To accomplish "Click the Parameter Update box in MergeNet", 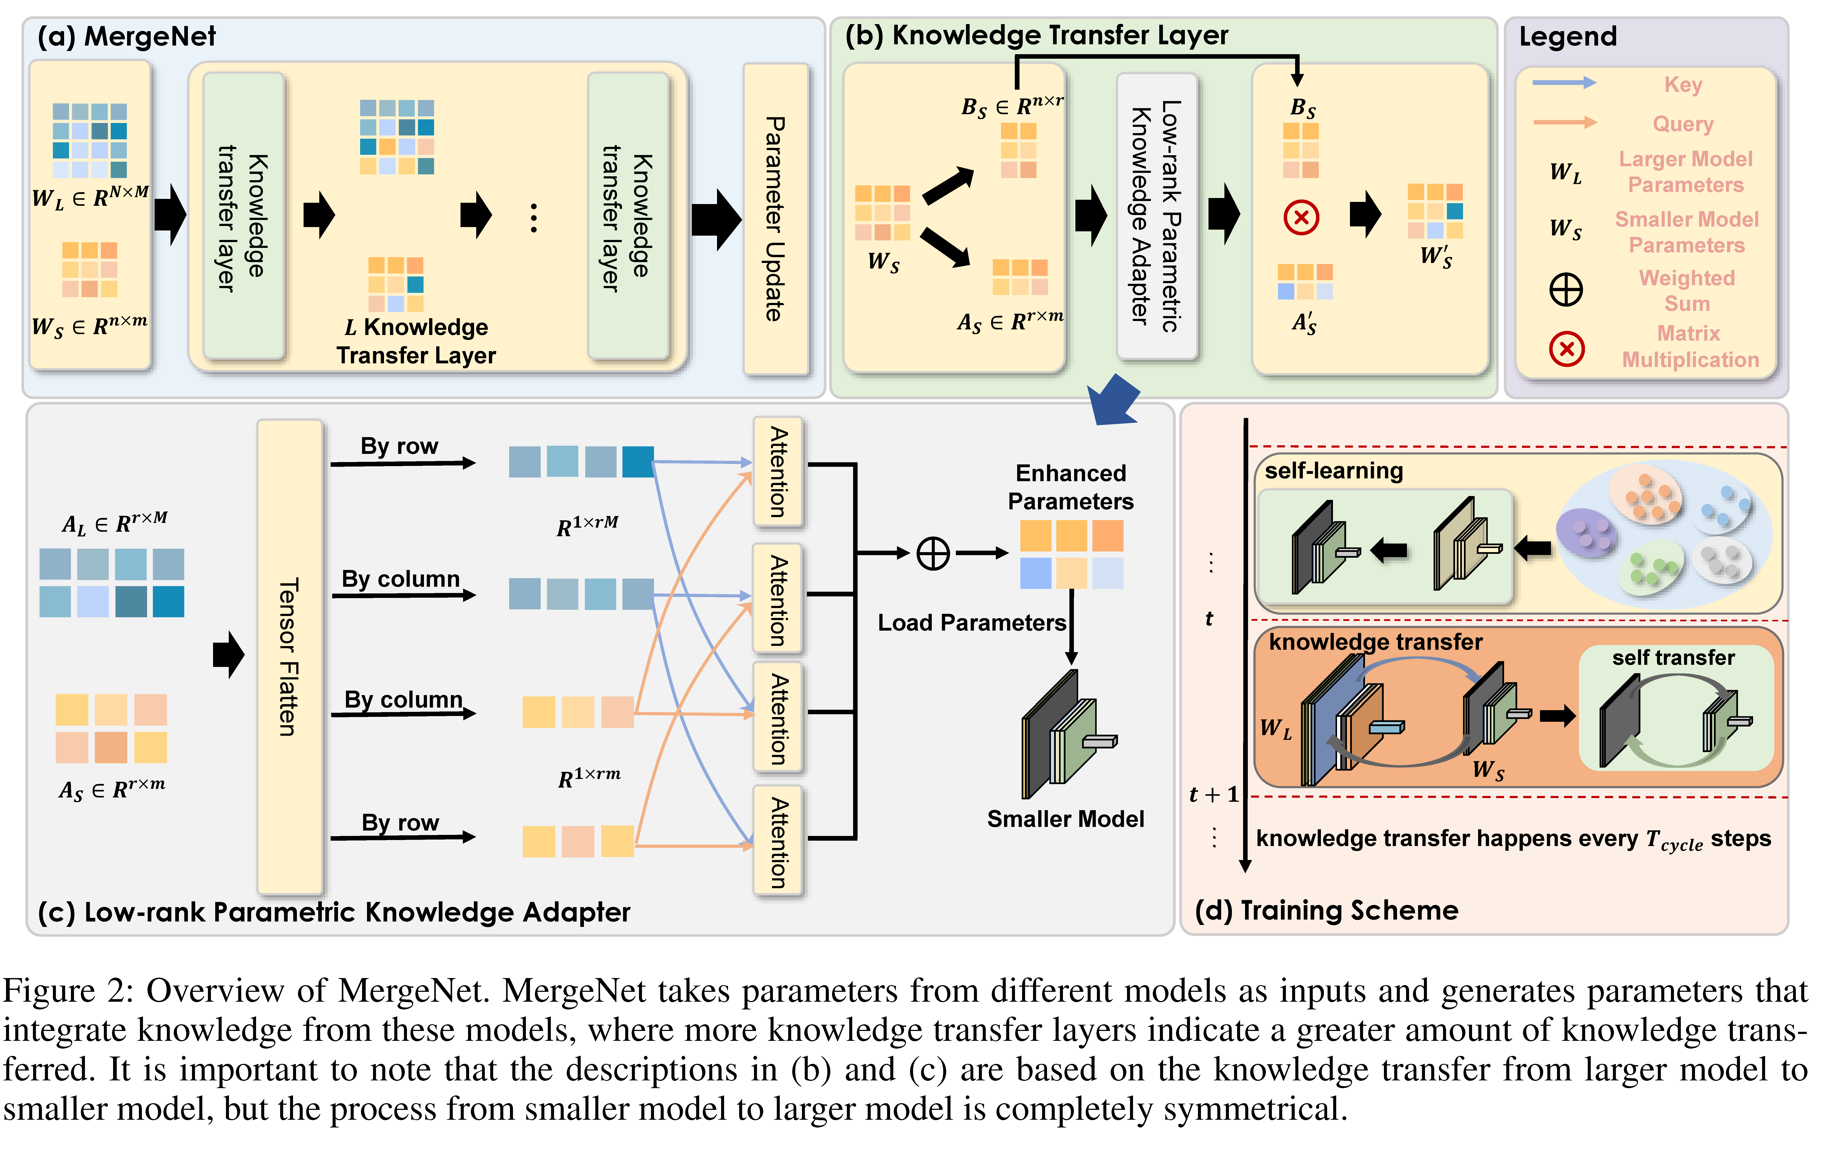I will [x=775, y=219].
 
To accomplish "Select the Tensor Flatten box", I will [x=289, y=656].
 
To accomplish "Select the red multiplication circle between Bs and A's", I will [x=1301, y=217].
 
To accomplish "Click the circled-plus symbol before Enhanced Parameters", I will [x=932, y=553].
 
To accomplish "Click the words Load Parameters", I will [x=971, y=623].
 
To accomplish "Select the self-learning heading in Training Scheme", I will [x=1334, y=471].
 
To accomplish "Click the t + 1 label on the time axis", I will [x=1213, y=795].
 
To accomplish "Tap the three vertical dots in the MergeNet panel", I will [x=533, y=218].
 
